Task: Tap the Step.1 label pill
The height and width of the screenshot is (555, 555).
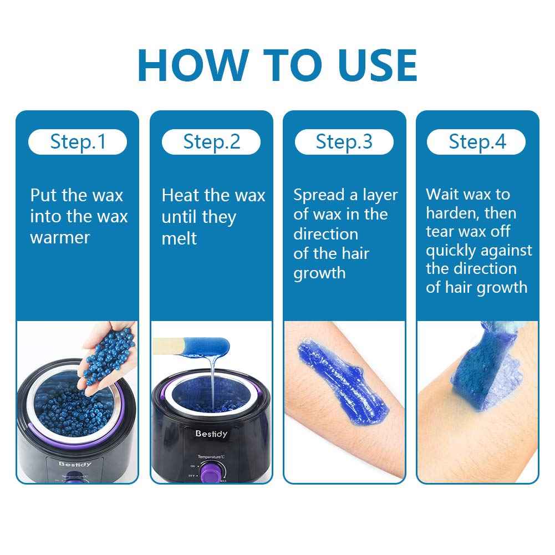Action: coord(78,142)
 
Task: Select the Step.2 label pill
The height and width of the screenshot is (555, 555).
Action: coord(211,142)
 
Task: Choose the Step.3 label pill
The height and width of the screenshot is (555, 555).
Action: coord(344,142)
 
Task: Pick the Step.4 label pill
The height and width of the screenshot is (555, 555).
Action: coord(477,142)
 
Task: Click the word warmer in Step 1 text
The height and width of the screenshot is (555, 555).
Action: coord(60,238)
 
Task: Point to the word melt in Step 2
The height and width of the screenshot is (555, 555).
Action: coord(179,238)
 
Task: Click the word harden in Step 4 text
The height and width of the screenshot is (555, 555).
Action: coord(453,213)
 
